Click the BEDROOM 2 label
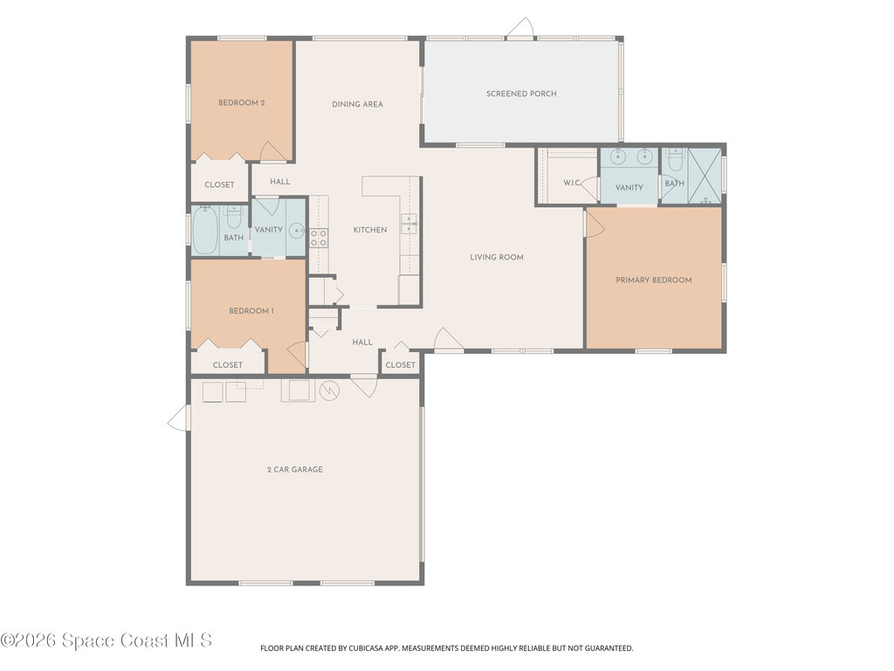point(241,103)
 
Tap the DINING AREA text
point(357,104)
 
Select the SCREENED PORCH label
point(521,93)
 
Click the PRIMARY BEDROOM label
point(653,280)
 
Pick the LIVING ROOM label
point(497,257)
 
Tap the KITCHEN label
point(370,230)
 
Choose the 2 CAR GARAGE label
point(295,469)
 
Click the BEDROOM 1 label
point(251,310)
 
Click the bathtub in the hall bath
point(204,230)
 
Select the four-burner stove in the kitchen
point(318,238)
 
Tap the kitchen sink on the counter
point(409,225)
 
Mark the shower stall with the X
point(705,176)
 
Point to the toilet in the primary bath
point(675,161)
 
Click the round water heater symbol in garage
point(329,391)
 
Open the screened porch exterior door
point(520,29)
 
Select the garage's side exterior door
point(178,419)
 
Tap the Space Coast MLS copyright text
point(106,640)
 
